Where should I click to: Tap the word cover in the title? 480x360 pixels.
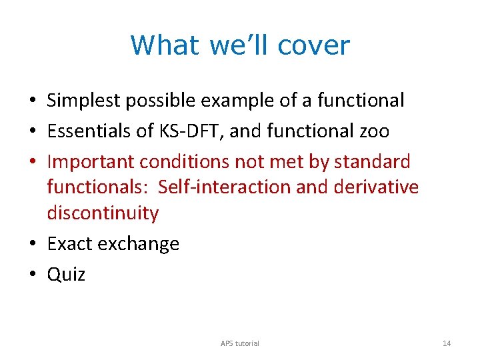point(313,45)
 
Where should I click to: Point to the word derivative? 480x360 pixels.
point(376,187)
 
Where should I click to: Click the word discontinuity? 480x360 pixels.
point(103,213)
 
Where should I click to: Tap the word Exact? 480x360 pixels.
point(70,244)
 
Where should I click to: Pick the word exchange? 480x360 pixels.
point(139,244)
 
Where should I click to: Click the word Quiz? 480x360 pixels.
point(66,275)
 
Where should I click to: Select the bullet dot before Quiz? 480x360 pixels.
point(32,275)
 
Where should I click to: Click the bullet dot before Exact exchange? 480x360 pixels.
point(32,244)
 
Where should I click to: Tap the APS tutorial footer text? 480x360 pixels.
point(240,343)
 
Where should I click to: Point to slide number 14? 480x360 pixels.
point(447,343)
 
